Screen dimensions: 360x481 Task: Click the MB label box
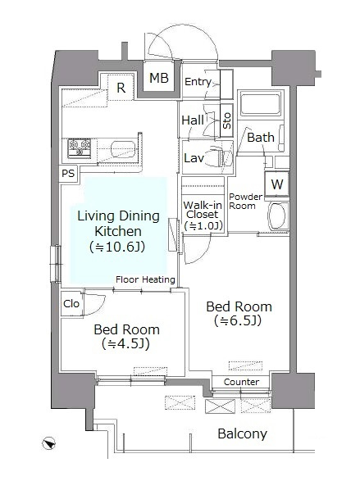click(159, 78)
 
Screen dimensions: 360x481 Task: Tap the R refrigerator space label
click(121, 88)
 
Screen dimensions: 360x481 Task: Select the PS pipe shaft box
click(68, 174)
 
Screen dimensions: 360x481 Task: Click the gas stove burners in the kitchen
click(80, 148)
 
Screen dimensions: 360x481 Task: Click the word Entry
click(198, 82)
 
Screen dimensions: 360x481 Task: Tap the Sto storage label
click(226, 120)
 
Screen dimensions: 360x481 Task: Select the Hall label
click(193, 120)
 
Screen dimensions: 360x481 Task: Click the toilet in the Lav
click(216, 158)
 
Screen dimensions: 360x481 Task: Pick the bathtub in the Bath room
click(260, 104)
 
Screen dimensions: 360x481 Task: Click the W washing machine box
click(277, 184)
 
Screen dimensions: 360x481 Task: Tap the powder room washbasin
click(278, 216)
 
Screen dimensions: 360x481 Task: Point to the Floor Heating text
click(145, 279)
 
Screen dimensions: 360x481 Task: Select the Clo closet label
click(71, 304)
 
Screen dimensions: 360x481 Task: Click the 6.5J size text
click(238, 321)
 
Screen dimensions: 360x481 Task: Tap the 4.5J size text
click(125, 343)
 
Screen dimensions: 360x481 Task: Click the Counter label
click(241, 382)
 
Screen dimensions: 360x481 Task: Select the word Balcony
click(243, 433)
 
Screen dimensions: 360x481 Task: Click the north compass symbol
click(48, 443)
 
